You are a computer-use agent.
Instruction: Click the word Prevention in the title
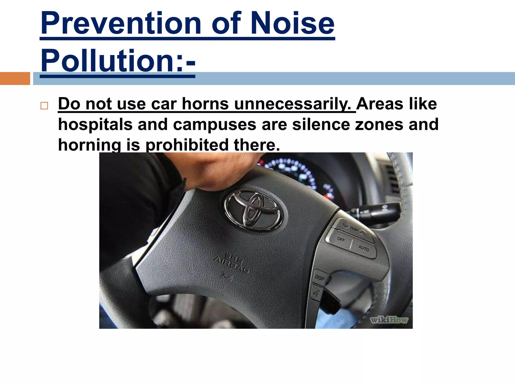(x=121, y=23)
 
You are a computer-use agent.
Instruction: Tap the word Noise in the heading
(x=292, y=23)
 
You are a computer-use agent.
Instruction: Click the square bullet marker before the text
(x=44, y=106)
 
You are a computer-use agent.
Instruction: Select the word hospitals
(x=95, y=125)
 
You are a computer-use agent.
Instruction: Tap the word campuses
(x=214, y=125)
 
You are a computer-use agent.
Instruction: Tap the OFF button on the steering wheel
(x=341, y=239)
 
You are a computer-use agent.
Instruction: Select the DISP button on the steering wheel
(x=320, y=277)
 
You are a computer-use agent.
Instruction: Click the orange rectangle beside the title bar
(x=15, y=78)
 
